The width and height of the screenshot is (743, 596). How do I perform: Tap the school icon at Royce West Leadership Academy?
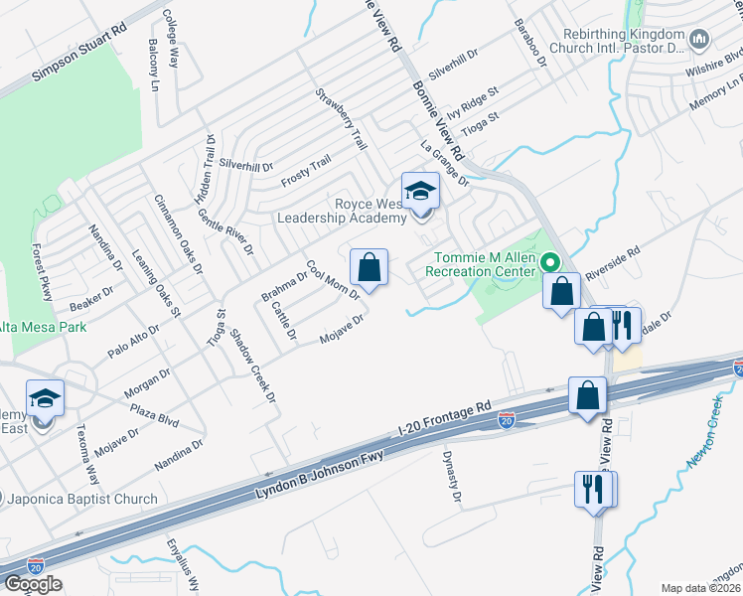pos(419,191)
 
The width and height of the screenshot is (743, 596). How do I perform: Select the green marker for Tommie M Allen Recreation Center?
pos(544,263)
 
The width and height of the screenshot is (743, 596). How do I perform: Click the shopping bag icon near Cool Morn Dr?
pos(370,267)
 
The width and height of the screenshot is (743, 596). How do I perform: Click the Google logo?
pos(33,584)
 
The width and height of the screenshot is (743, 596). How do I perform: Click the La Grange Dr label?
pos(444,162)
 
